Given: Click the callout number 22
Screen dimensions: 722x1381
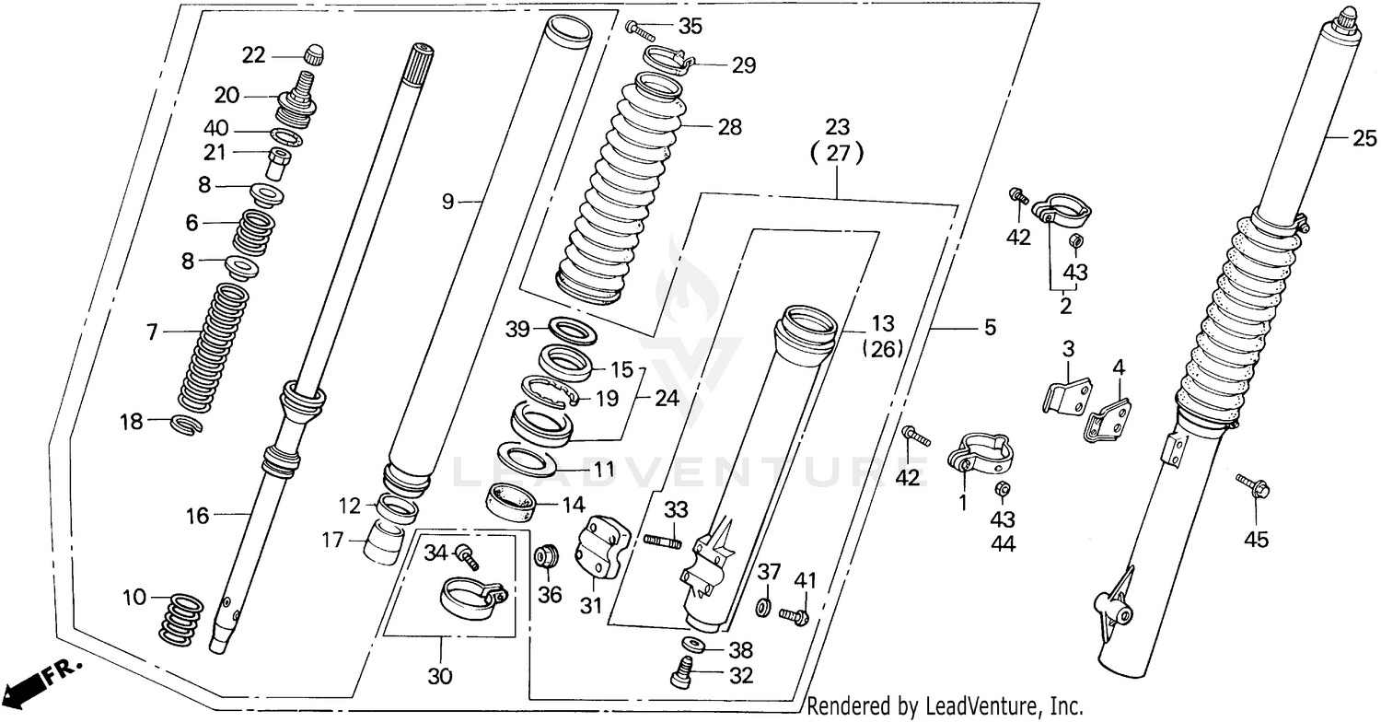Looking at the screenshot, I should coord(253,56).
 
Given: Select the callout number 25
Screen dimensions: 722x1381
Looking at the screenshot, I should coord(1364,139).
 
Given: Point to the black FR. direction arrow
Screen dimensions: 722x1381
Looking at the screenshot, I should coord(28,686).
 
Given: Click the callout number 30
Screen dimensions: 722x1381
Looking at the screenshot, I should coord(441,677).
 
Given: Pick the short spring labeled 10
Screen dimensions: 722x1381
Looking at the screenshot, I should coord(182,619).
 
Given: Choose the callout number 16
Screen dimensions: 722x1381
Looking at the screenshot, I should coord(198,516).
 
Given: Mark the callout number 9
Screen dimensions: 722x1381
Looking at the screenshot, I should coord(448,201).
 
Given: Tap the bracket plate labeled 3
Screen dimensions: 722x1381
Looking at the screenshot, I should coord(1065,393).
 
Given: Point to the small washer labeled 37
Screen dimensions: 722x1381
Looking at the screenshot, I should coord(763,609).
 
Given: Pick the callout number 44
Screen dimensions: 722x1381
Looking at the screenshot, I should coord(1003,544).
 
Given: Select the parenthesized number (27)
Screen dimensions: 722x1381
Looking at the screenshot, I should coord(838,155).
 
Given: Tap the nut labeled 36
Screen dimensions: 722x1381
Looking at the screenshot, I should coord(544,558).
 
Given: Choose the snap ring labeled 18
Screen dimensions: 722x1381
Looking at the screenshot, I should coord(187,424).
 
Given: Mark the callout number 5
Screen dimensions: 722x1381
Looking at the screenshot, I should coord(990,328).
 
